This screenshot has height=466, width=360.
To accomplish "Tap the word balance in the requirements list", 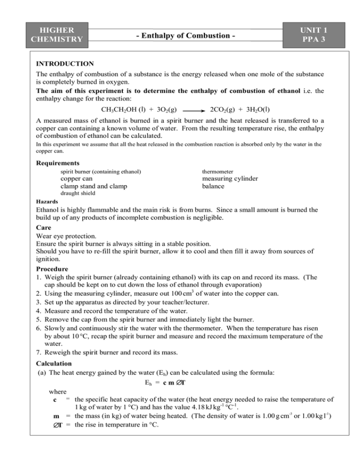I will pyautogui.click(x=214, y=188).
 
